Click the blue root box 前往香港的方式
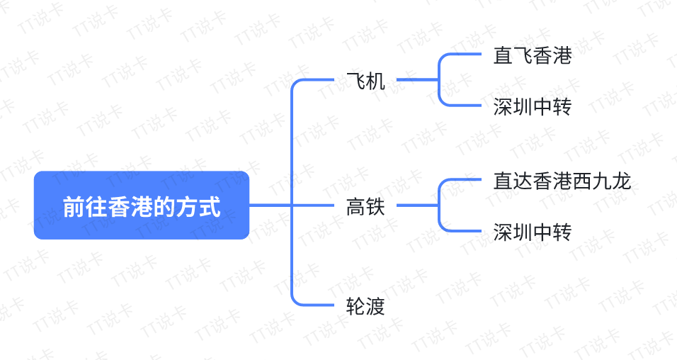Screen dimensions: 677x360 [x=142, y=206]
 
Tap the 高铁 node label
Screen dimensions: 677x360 [x=365, y=207]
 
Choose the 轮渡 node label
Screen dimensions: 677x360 [x=365, y=306]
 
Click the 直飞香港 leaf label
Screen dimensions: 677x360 [x=533, y=56]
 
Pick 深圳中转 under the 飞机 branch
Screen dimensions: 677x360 [x=533, y=107]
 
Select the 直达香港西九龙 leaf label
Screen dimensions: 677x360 [x=562, y=181]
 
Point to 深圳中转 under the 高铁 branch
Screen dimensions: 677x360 [x=533, y=232]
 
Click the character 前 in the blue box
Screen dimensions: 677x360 [x=74, y=207]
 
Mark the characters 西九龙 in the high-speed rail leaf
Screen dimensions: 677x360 [x=601, y=181]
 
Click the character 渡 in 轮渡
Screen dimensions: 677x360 [x=375, y=306]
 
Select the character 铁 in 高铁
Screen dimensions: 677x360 [x=375, y=207]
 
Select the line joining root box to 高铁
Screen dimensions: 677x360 [x=292, y=205]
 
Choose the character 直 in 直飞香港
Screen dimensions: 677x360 [x=503, y=56]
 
